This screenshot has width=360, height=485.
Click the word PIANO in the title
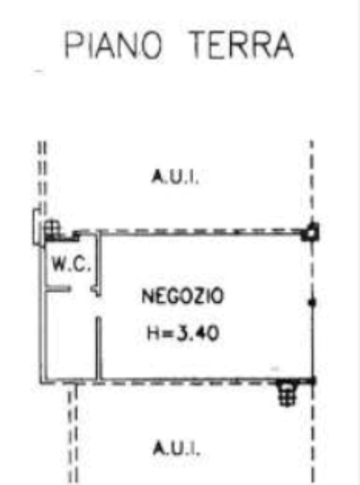(113, 45)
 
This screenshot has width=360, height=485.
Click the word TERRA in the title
(242, 45)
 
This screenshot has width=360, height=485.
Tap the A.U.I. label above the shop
(175, 177)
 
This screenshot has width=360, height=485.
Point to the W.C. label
(71, 265)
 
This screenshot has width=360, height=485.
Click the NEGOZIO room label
(182, 296)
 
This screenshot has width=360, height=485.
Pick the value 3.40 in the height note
(198, 334)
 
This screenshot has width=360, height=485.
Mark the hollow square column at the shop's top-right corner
(310, 232)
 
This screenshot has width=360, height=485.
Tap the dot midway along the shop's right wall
(312, 302)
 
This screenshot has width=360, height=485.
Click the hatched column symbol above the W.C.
(52, 229)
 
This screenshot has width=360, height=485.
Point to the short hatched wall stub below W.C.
(58, 289)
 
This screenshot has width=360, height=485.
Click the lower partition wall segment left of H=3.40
(99, 348)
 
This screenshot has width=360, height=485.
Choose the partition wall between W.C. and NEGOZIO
(98, 264)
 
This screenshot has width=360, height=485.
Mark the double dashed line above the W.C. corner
(43, 177)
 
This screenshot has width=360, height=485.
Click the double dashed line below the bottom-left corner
(73, 433)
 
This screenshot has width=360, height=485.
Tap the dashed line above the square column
(312, 182)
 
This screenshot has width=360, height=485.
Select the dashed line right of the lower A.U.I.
(312, 433)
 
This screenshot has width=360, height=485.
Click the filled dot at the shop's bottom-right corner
(312, 381)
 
